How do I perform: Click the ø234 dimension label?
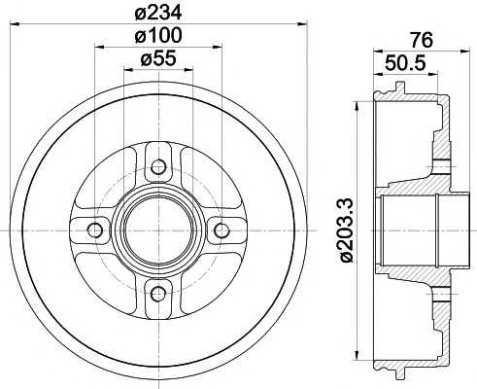(x=156, y=13)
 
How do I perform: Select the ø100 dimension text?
(x=156, y=36)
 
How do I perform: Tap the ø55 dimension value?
(x=156, y=59)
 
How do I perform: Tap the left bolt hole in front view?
(x=94, y=230)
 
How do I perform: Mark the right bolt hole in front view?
(x=221, y=230)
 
